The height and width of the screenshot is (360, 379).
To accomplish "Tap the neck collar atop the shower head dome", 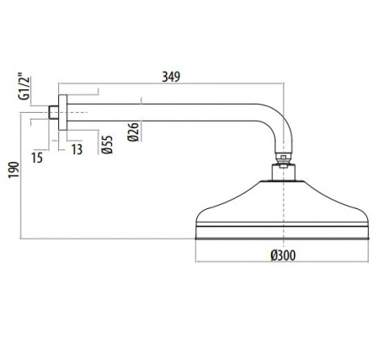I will click(286, 174).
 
